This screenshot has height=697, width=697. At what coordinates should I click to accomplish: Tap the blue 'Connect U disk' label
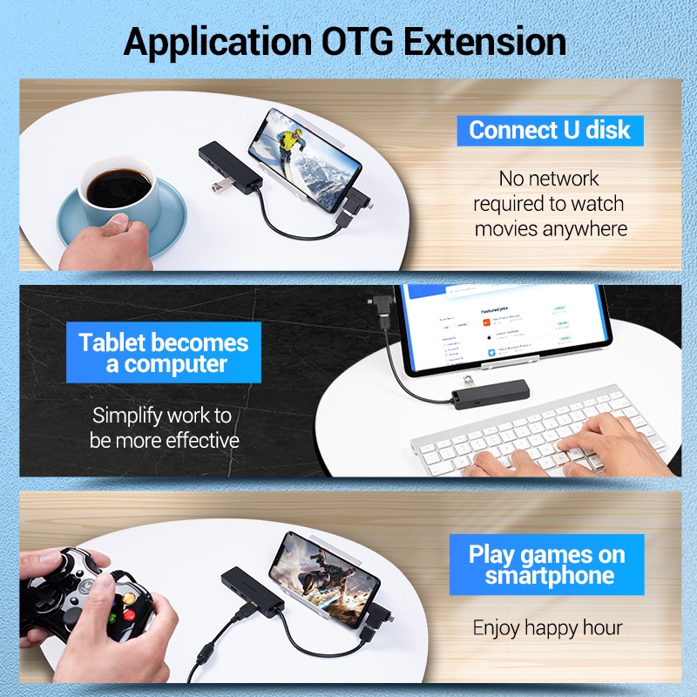click(x=549, y=131)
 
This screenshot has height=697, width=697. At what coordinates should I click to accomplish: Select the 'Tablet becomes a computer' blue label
click(x=164, y=352)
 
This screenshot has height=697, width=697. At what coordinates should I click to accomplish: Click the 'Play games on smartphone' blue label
click(x=547, y=565)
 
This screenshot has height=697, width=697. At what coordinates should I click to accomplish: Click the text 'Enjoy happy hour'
click(x=547, y=627)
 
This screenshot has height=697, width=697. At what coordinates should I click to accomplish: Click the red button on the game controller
click(x=129, y=613)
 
